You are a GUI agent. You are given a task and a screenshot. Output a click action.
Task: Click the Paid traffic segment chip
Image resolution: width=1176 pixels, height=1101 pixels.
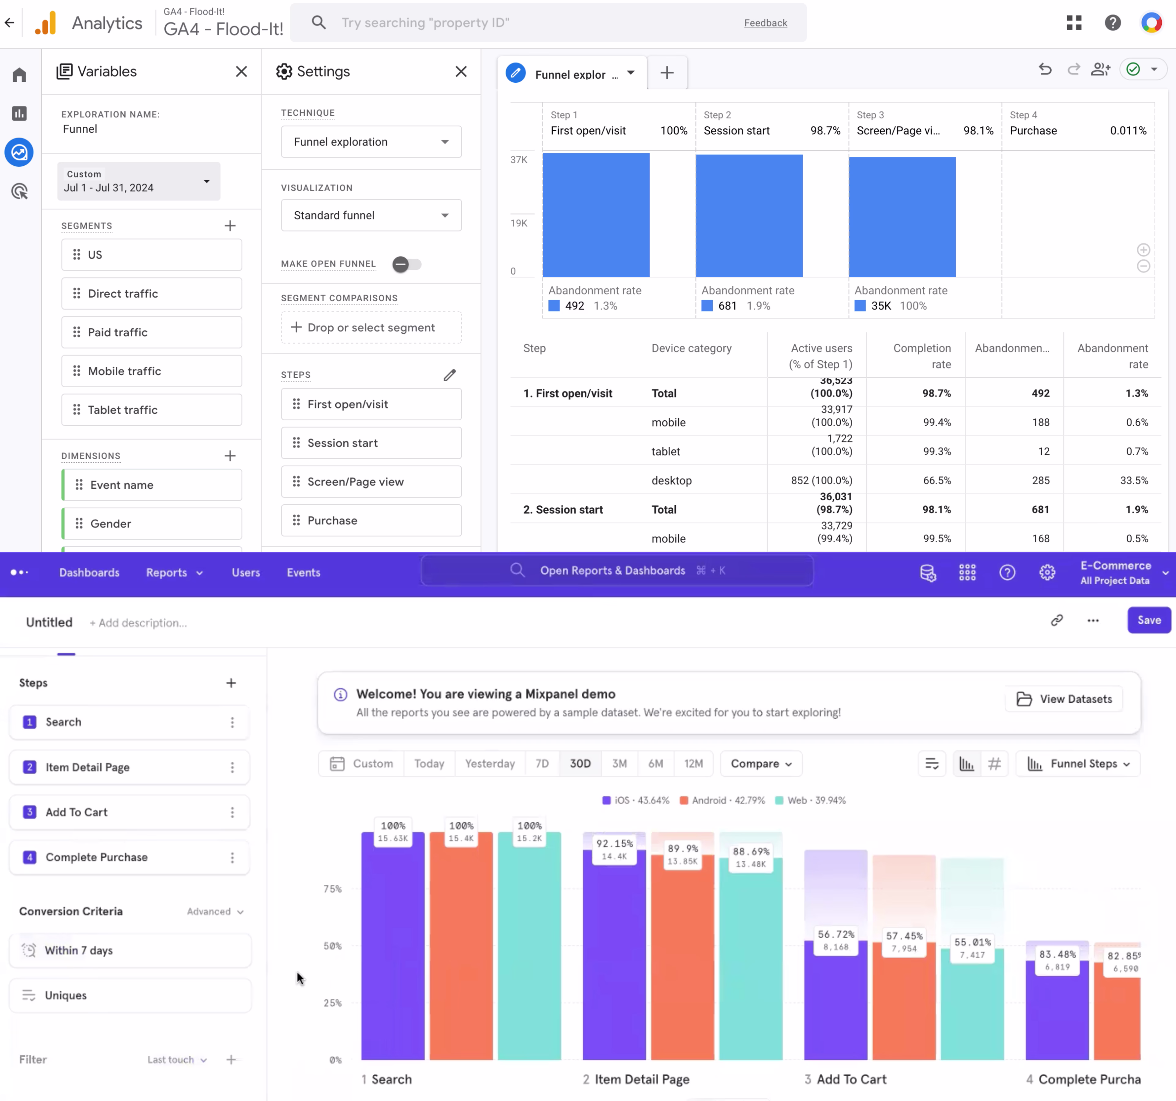[x=151, y=332]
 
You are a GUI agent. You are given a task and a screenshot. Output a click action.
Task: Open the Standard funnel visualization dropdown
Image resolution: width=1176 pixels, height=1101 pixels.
[x=371, y=215]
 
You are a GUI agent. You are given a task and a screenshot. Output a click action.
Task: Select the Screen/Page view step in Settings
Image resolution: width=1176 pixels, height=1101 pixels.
[x=371, y=482]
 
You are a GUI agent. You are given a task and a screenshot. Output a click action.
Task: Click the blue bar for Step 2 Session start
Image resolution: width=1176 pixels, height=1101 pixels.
[x=749, y=216]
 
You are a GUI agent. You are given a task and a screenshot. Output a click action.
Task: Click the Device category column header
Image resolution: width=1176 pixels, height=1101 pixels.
[x=691, y=348]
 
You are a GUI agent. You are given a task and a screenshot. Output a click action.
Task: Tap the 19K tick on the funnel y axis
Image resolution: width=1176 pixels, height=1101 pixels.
[x=519, y=223]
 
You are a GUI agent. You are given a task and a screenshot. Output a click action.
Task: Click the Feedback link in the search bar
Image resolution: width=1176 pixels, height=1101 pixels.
[x=765, y=23]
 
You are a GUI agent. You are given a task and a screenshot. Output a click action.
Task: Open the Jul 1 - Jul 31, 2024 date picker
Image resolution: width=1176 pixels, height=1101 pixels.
[x=138, y=181]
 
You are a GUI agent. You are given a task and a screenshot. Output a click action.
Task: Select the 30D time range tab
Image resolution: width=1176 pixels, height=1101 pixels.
[x=580, y=763]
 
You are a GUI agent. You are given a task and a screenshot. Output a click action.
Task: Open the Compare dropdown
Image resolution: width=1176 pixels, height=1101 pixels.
[x=761, y=763]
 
